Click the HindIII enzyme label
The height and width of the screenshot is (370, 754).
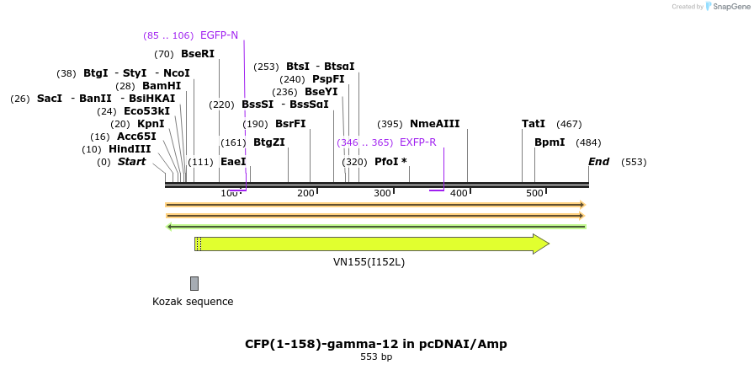tap(130, 149)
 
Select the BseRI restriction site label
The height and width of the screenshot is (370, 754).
tap(198, 53)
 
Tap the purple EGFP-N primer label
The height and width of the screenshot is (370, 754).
tap(219, 35)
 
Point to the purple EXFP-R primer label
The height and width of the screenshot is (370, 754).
tap(417, 142)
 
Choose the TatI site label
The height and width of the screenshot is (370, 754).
tap(534, 124)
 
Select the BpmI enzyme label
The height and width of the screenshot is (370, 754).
tap(550, 142)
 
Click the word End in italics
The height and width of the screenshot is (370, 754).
tap(598, 162)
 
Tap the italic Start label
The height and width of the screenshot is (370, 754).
tap(131, 162)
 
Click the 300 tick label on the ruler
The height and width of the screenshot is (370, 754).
tap(382, 194)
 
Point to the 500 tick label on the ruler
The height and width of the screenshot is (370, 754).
tap(534, 194)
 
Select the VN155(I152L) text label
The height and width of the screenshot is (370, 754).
tap(369, 262)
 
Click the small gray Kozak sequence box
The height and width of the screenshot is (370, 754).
tap(194, 283)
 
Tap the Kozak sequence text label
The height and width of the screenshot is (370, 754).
tap(193, 302)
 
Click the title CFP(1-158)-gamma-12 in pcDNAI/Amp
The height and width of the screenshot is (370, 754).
tap(376, 344)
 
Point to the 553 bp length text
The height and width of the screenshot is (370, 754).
tap(376, 357)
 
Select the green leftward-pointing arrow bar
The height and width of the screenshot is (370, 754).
tap(376, 226)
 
